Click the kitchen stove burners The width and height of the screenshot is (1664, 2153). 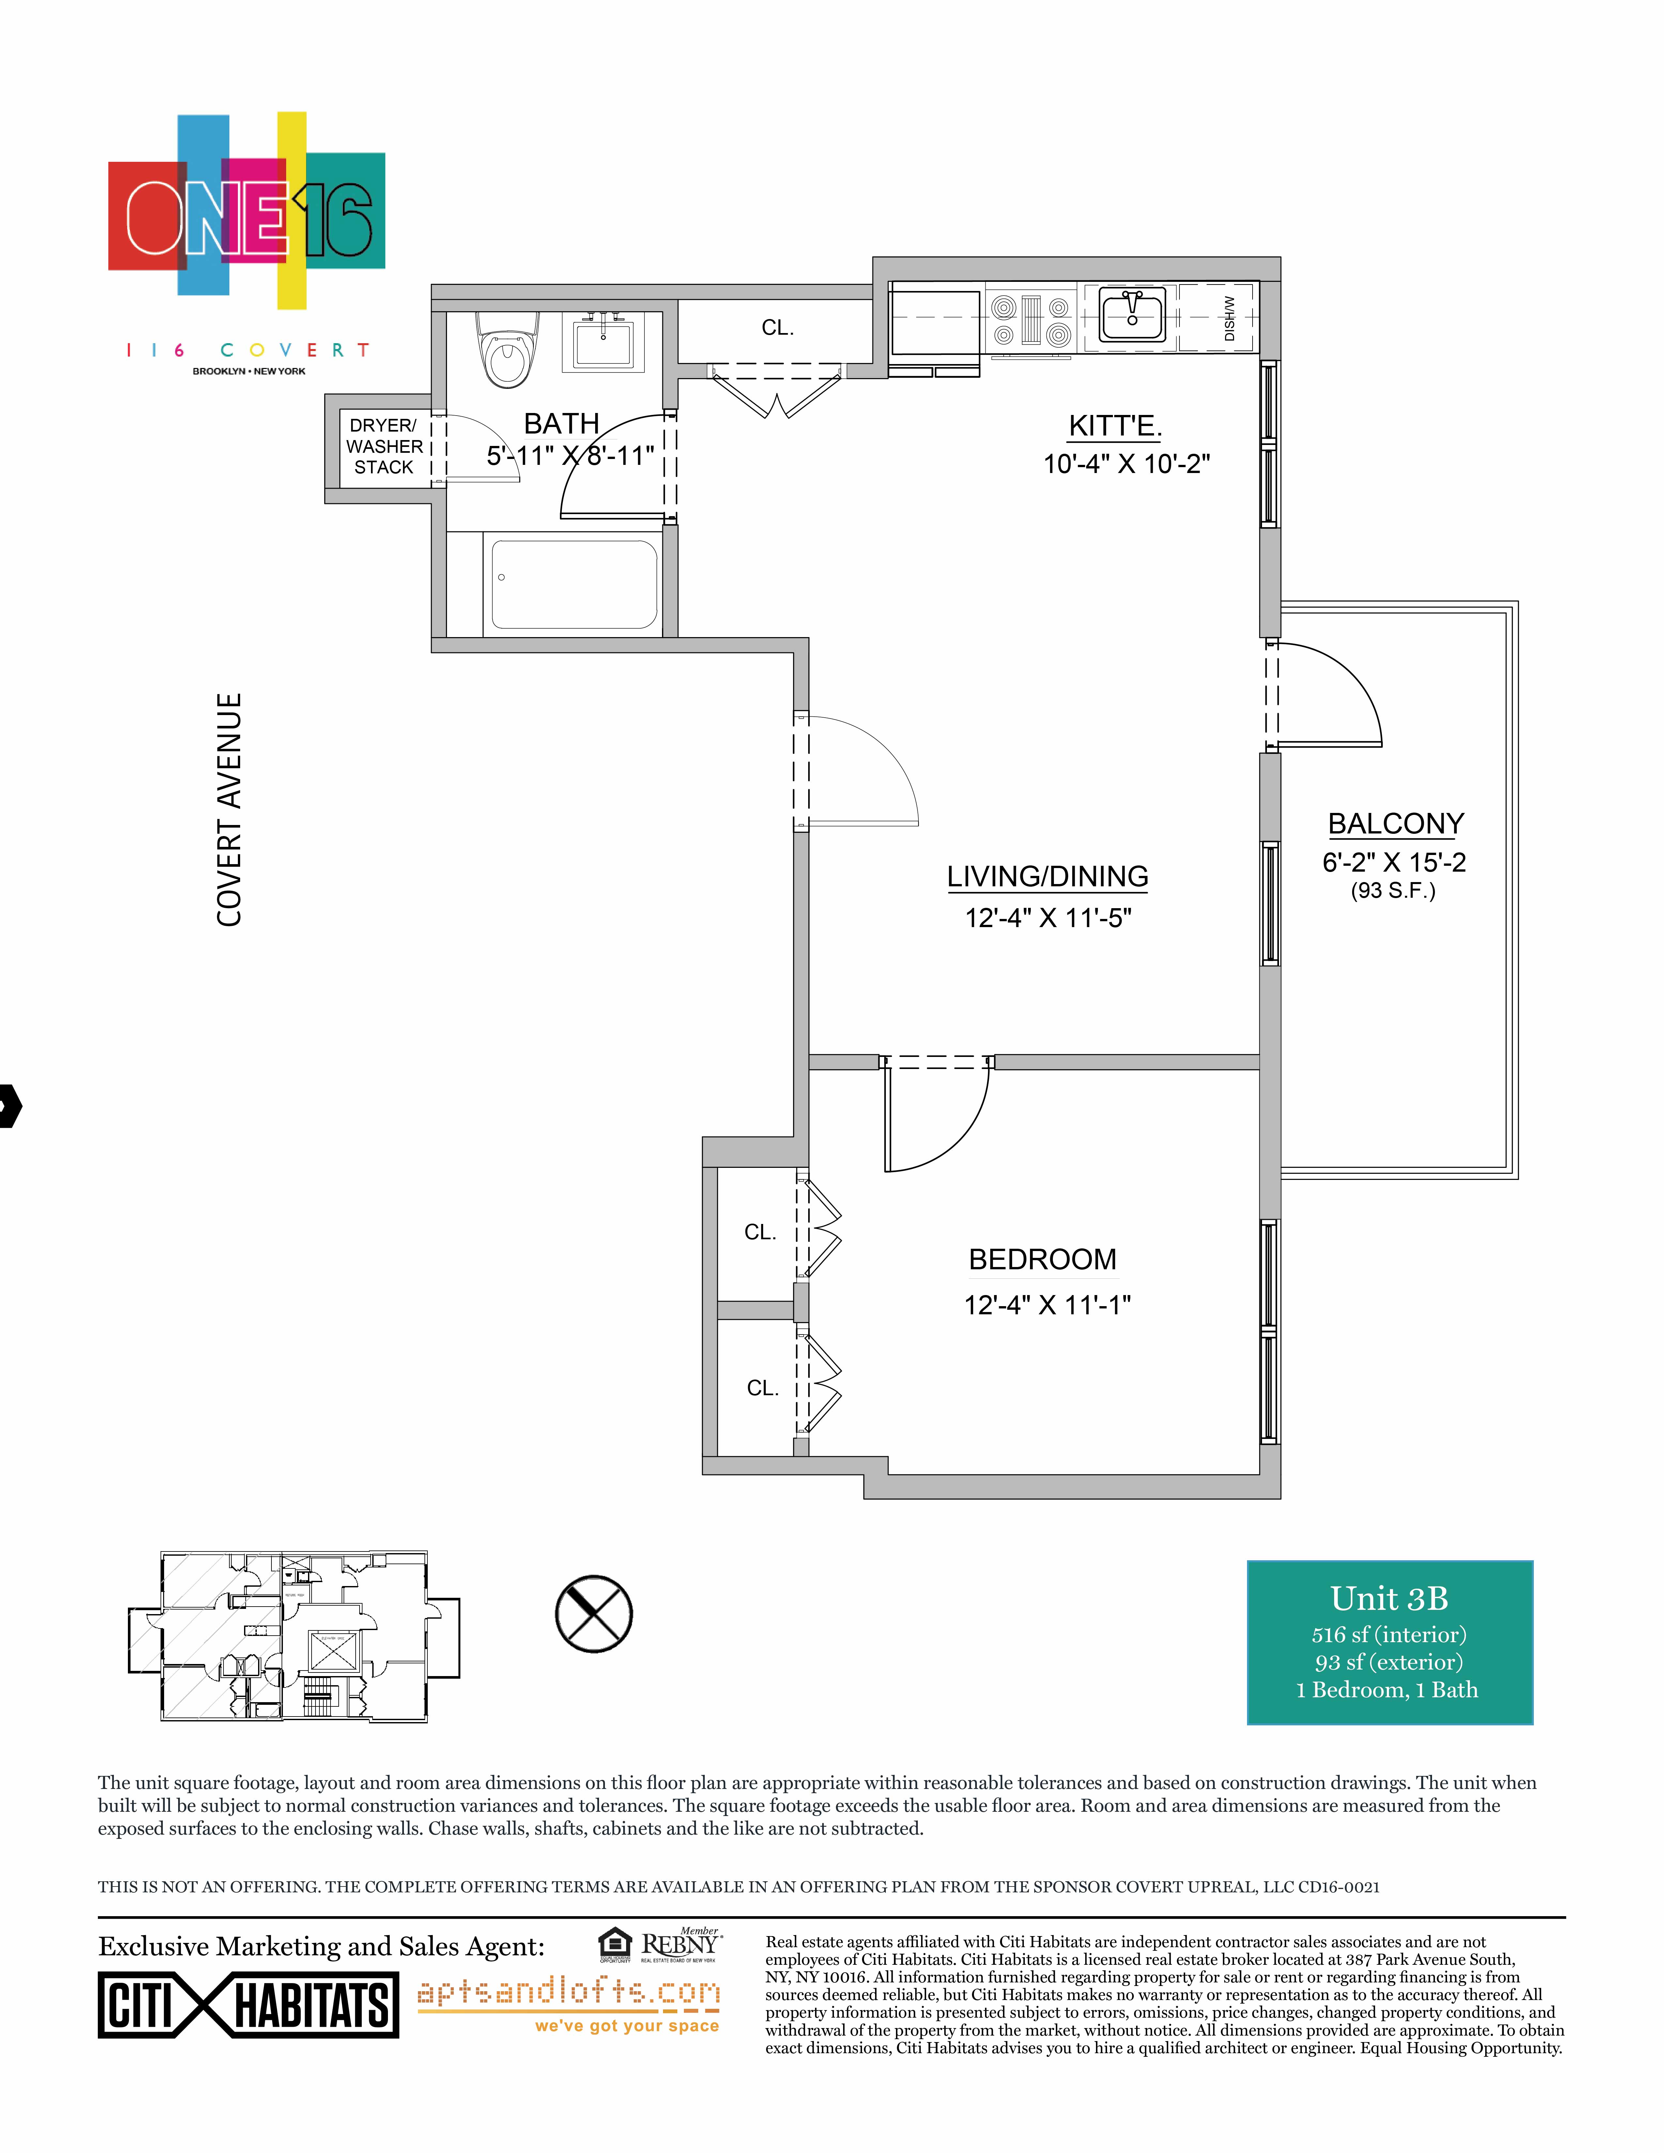pyautogui.click(x=1031, y=319)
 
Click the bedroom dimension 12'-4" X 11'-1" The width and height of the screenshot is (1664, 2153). pyautogui.click(x=1047, y=1305)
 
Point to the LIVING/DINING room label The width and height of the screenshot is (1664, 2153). pyautogui.click(x=1047, y=877)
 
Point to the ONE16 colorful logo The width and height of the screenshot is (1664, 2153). pyautogui.click(x=246, y=207)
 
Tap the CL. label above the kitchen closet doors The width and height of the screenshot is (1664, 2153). pyautogui.click(x=778, y=328)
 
